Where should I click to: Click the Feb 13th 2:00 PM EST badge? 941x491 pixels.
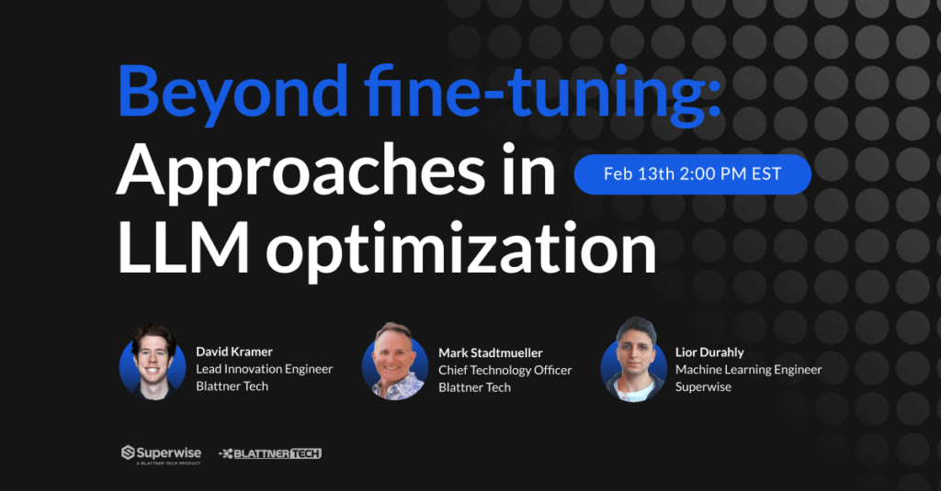pyautogui.click(x=692, y=174)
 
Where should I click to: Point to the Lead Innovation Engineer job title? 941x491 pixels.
pyautogui.click(x=265, y=369)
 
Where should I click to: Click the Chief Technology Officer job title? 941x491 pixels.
pyautogui.click(x=505, y=370)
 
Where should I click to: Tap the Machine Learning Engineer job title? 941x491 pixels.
pyautogui.click(x=748, y=370)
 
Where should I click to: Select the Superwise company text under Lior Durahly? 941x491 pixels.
pyautogui.click(x=705, y=387)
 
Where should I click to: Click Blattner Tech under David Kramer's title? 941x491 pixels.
pyautogui.click(x=232, y=387)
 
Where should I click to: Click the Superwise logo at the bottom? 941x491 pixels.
pyautogui.click(x=161, y=453)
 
